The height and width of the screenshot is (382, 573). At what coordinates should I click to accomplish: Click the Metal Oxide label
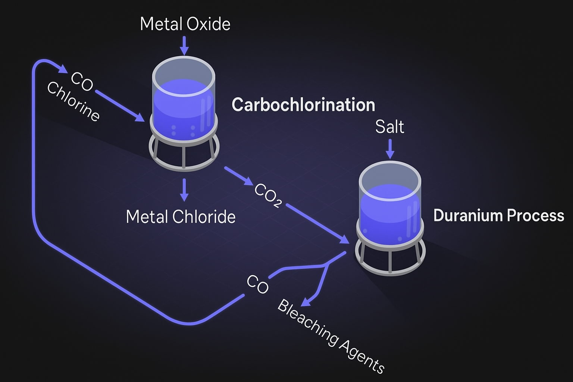click(185, 24)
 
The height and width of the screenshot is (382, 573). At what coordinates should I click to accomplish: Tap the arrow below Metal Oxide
click(184, 46)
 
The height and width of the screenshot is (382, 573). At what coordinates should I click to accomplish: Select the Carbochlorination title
click(303, 105)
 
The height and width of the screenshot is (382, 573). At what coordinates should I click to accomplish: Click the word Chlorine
click(73, 101)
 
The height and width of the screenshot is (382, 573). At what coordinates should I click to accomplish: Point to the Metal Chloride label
click(181, 217)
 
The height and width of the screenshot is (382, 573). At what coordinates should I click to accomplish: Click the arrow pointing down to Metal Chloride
click(184, 190)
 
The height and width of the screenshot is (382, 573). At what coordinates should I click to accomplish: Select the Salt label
click(389, 127)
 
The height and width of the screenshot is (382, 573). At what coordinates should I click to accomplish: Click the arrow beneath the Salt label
click(390, 149)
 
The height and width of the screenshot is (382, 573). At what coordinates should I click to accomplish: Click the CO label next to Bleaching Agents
click(257, 284)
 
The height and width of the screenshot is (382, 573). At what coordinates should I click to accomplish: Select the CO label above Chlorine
click(82, 81)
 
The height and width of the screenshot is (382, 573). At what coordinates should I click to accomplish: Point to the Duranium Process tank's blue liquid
click(390, 213)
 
